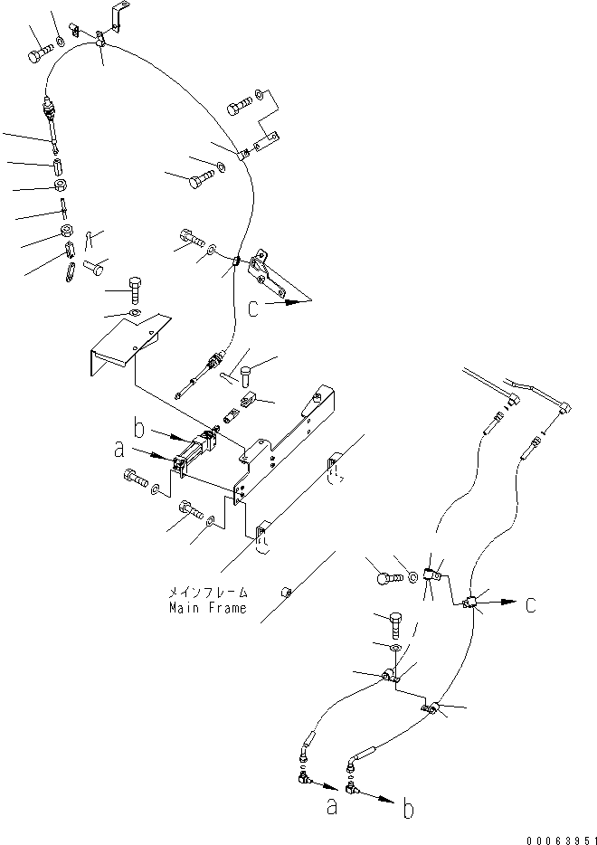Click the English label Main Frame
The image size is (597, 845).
point(206,608)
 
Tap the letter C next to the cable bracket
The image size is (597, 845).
point(255,309)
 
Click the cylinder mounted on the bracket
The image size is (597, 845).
point(194,451)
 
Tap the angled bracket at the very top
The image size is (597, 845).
point(116,19)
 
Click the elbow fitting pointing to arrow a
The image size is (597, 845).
point(303,774)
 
